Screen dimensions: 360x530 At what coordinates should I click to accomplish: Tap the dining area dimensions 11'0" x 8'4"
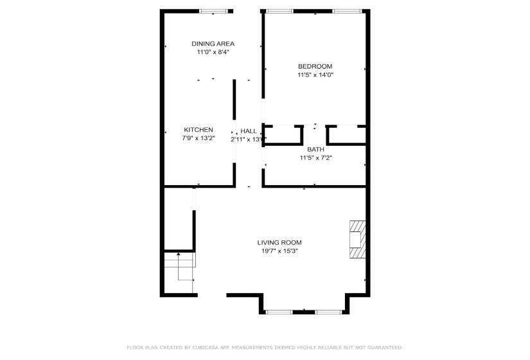click(x=213, y=53)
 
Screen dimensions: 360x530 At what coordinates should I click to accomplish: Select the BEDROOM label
click(x=315, y=66)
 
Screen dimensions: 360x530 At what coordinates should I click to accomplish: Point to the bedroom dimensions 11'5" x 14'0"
click(x=315, y=75)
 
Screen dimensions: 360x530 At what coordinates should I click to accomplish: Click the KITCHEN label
click(x=199, y=129)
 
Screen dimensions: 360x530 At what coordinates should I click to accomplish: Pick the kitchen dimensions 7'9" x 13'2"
click(x=199, y=138)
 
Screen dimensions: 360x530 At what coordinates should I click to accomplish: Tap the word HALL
click(x=249, y=130)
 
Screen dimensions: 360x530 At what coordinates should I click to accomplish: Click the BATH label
click(x=315, y=149)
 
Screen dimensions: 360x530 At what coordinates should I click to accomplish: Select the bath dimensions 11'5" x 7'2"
click(x=315, y=157)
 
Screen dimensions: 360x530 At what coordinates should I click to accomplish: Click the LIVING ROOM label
click(x=279, y=242)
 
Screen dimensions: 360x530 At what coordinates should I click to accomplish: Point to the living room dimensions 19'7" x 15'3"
click(x=279, y=251)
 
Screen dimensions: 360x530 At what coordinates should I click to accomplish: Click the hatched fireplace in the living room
click(x=357, y=239)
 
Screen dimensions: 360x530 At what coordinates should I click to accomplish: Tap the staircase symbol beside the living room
click(x=180, y=267)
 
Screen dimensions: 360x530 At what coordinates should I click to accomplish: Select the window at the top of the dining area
click(x=213, y=11)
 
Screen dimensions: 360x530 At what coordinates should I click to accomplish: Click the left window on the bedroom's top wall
click(x=279, y=11)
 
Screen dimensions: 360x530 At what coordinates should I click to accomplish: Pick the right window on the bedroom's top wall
click(x=346, y=11)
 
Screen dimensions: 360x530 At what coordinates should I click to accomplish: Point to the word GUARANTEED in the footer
click(x=380, y=347)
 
